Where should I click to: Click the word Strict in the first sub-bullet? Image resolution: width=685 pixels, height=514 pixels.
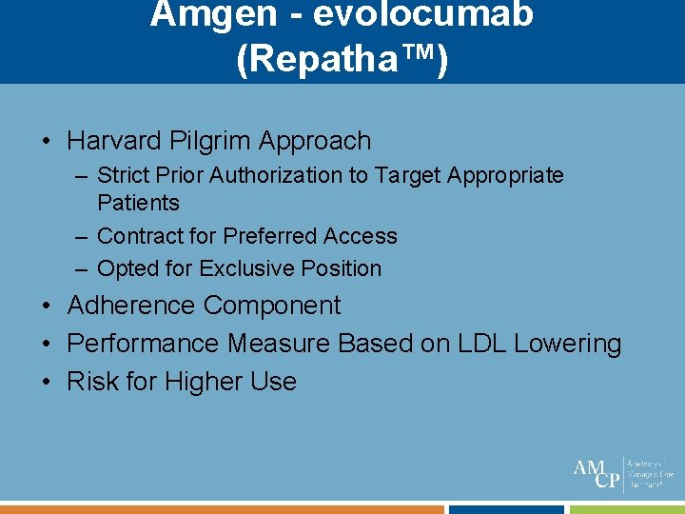click(x=124, y=175)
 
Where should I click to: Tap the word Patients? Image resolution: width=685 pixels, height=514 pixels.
click(x=138, y=203)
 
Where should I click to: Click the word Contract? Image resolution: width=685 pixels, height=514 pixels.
click(x=140, y=236)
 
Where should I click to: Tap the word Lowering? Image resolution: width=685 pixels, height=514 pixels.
click(x=568, y=344)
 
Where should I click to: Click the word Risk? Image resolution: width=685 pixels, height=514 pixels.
click(x=90, y=382)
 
